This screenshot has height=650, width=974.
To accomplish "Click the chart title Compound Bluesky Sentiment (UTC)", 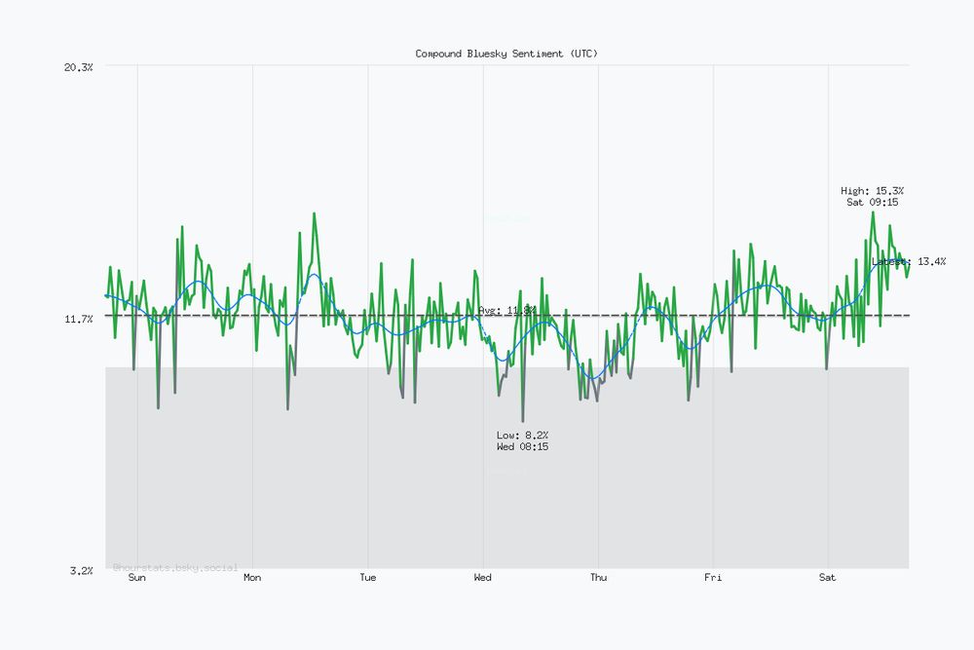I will click(506, 54).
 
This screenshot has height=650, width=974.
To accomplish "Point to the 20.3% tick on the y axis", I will click(78, 66).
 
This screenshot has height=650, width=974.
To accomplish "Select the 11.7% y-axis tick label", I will click(78, 319).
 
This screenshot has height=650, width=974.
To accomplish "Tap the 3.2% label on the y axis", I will click(81, 570).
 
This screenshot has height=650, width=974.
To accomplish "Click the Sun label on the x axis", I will click(137, 578).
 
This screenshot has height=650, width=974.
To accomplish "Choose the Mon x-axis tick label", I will click(252, 578).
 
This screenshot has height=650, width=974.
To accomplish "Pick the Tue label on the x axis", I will click(367, 578).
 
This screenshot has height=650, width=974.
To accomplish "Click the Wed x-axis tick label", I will click(483, 578).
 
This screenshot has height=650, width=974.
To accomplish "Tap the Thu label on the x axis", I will click(598, 578).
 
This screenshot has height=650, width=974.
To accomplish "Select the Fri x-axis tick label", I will click(713, 578).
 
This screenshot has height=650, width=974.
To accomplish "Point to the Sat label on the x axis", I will click(828, 578).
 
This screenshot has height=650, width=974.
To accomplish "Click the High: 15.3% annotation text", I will click(872, 190).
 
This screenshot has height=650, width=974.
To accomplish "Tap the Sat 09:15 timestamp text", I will click(872, 203).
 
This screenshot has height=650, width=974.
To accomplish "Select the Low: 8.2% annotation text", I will click(522, 435).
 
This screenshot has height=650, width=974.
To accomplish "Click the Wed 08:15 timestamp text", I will click(522, 446).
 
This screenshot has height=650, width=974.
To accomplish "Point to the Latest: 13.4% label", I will click(909, 261).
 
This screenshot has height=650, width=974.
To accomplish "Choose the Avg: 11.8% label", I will click(506, 310).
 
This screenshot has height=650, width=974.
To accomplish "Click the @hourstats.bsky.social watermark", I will click(175, 566).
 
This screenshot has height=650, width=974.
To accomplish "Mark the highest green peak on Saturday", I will click(873, 212).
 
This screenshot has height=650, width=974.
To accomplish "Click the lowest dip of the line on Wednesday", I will click(523, 421).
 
